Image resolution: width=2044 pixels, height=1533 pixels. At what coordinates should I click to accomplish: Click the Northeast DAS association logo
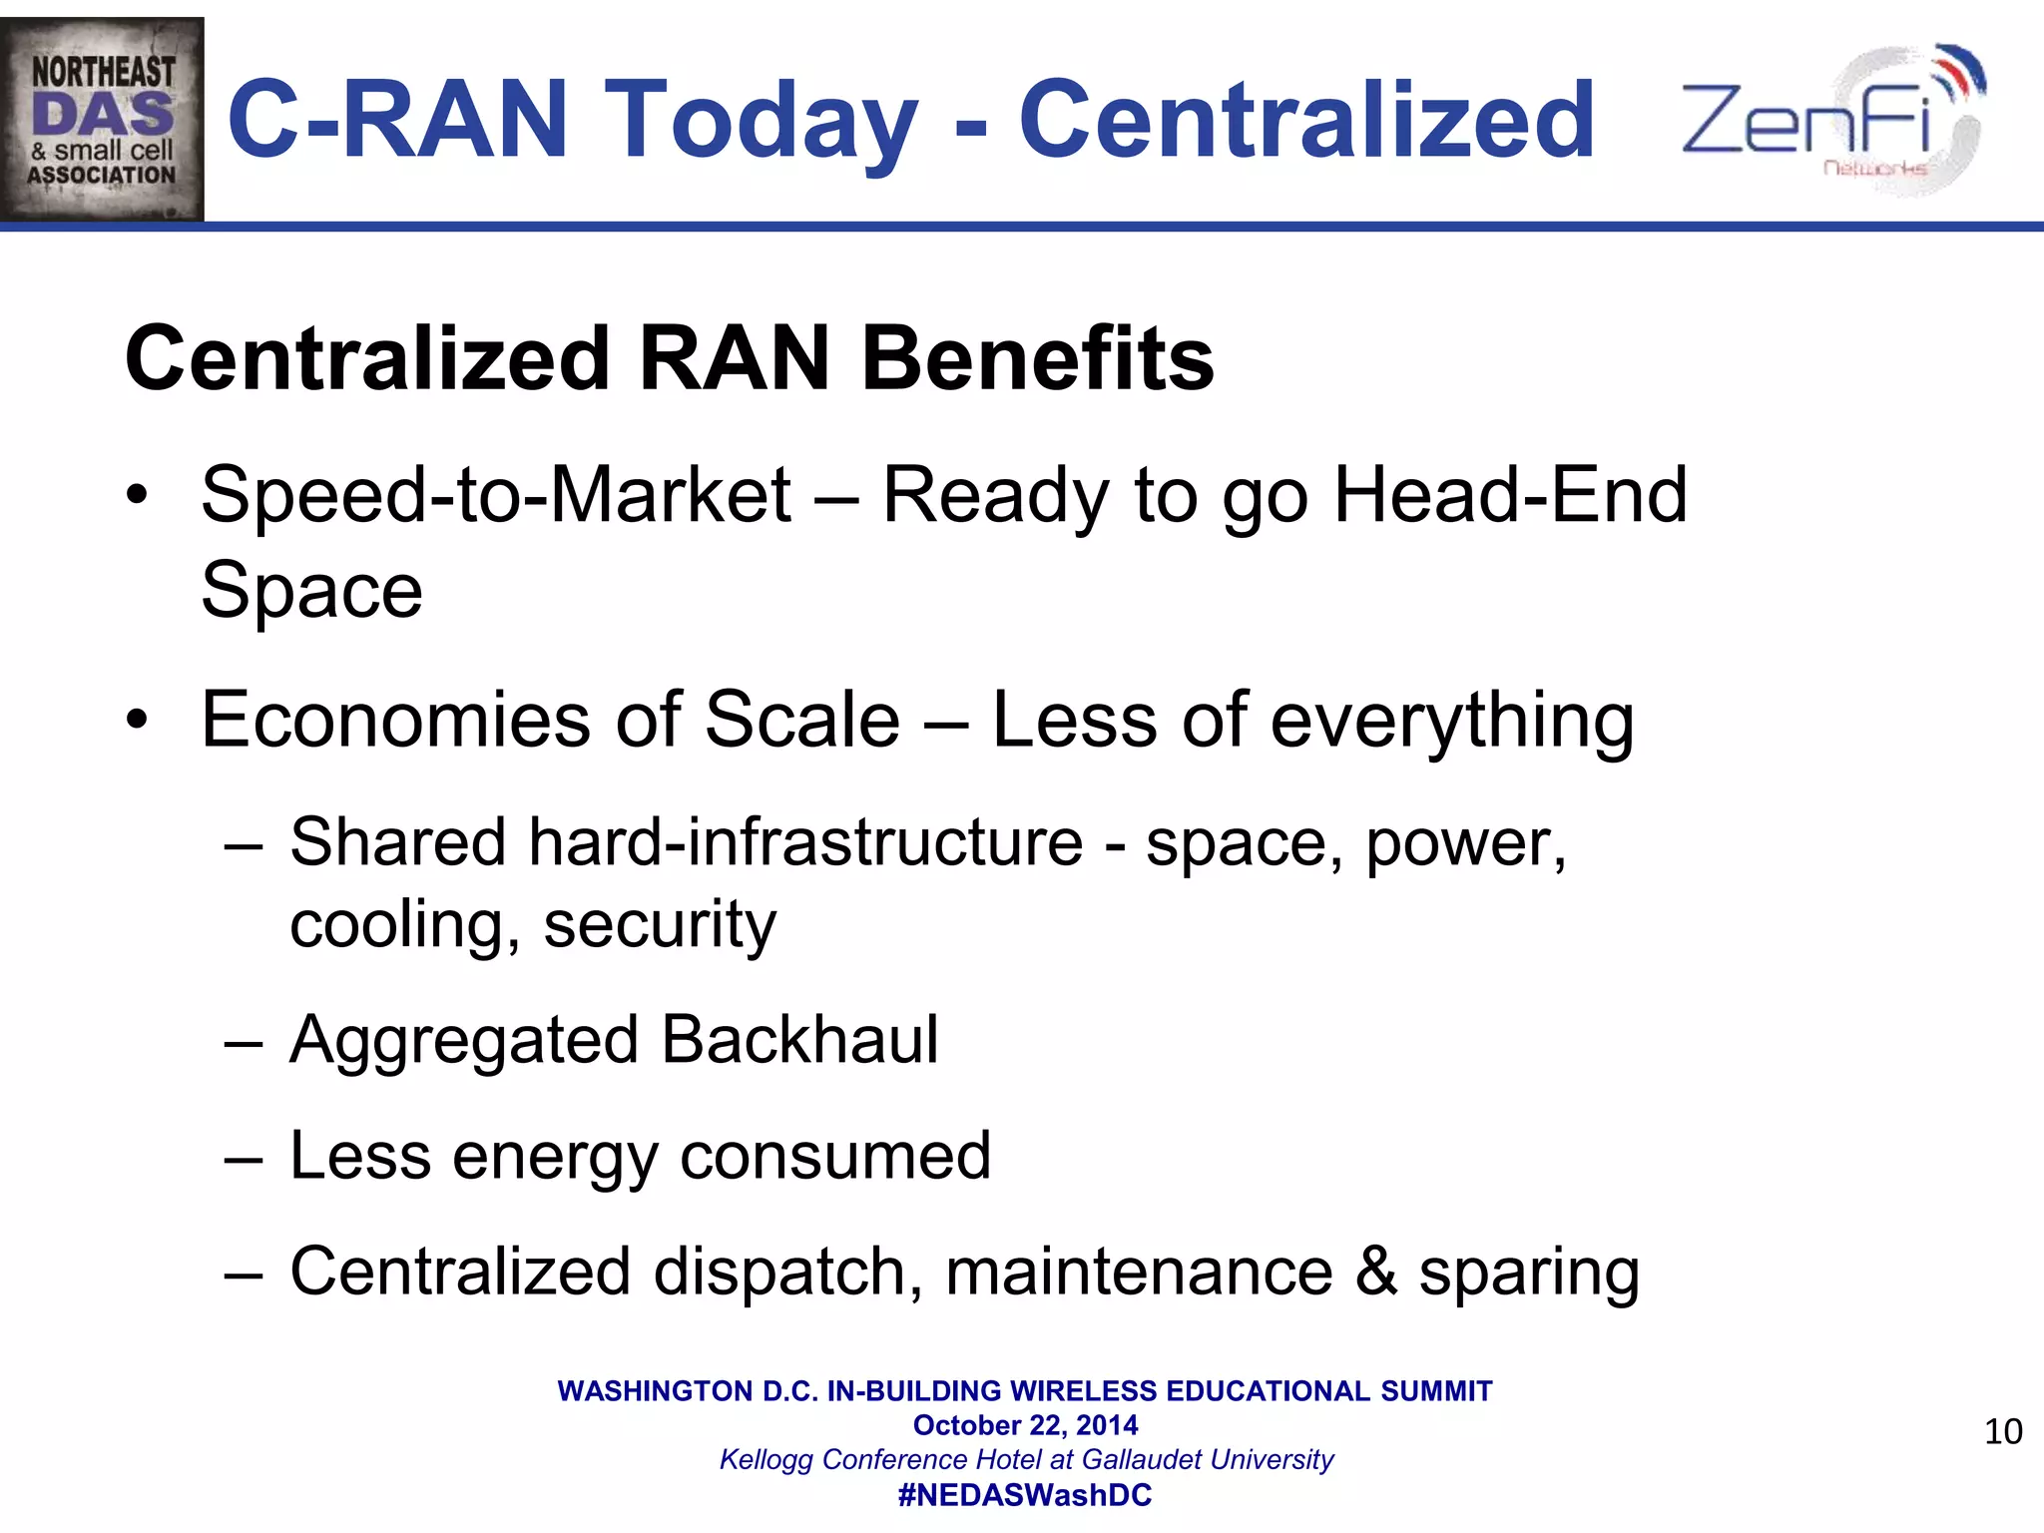tap(103, 120)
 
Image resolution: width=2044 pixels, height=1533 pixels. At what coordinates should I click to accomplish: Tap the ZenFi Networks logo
tap(1832, 120)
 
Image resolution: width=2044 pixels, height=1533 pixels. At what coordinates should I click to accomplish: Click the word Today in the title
tap(760, 121)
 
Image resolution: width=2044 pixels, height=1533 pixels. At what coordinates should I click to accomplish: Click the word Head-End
tap(1510, 495)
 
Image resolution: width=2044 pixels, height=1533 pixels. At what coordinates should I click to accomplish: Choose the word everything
tap(1452, 722)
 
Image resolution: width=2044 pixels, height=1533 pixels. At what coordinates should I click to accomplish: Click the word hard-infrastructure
tap(805, 842)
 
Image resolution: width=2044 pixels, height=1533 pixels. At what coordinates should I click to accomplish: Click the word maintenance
tap(1139, 1273)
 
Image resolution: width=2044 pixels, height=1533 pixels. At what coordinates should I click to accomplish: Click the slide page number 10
tap(2002, 1432)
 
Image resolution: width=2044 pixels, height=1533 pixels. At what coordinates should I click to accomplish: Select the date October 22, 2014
tap(1025, 1425)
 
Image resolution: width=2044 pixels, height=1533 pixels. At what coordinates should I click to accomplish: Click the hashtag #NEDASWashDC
tap(1025, 1495)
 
